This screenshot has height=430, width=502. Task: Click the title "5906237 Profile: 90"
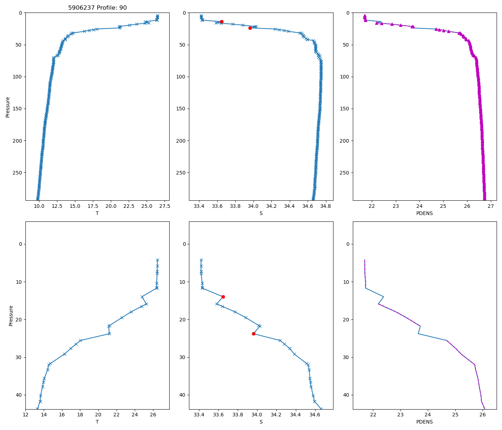97,8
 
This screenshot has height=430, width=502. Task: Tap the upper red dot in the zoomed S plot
223,297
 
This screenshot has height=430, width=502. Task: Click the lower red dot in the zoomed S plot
254,334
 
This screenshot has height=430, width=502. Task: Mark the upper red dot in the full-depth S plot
222,21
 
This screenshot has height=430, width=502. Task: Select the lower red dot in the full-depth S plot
250,28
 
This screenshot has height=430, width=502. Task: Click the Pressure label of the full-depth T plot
8,107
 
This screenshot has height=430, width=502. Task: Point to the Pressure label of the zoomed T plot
11,315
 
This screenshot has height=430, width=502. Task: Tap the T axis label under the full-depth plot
97,213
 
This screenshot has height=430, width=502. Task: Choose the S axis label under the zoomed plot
261,422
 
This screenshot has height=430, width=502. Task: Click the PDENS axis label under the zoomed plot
425,422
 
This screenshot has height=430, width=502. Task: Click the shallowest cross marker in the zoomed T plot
157,260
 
